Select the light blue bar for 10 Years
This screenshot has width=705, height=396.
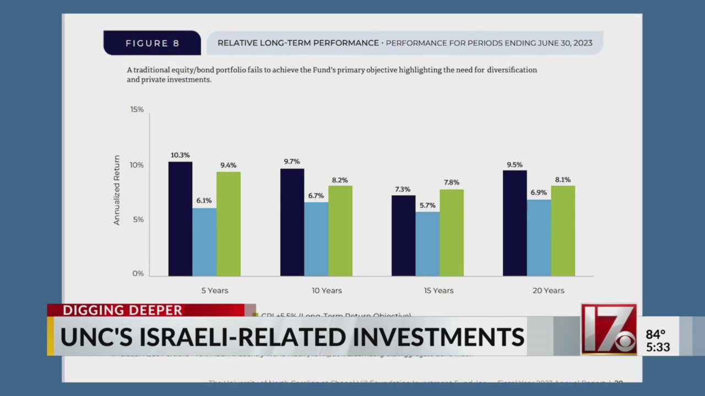[x=316, y=239]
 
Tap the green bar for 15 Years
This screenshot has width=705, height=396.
[x=451, y=233]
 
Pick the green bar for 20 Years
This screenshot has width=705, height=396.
[x=562, y=231]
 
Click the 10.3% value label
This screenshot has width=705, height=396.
[x=180, y=155]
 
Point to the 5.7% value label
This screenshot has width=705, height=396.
[x=427, y=205]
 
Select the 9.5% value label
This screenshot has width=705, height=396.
[x=514, y=164]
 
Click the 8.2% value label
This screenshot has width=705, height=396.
[x=340, y=180]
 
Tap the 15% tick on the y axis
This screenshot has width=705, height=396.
[x=137, y=109]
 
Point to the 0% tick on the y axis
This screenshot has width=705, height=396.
[x=138, y=273]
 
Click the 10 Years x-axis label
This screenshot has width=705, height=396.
[x=327, y=290]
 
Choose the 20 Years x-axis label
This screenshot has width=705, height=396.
[x=548, y=290]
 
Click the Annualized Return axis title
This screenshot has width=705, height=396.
[x=117, y=190]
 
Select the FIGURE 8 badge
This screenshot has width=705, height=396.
[x=153, y=43]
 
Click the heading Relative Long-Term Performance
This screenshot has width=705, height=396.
[x=298, y=43]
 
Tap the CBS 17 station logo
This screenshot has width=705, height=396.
[x=609, y=329]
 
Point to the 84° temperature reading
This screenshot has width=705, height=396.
[x=655, y=334]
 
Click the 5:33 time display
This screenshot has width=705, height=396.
[x=658, y=348]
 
